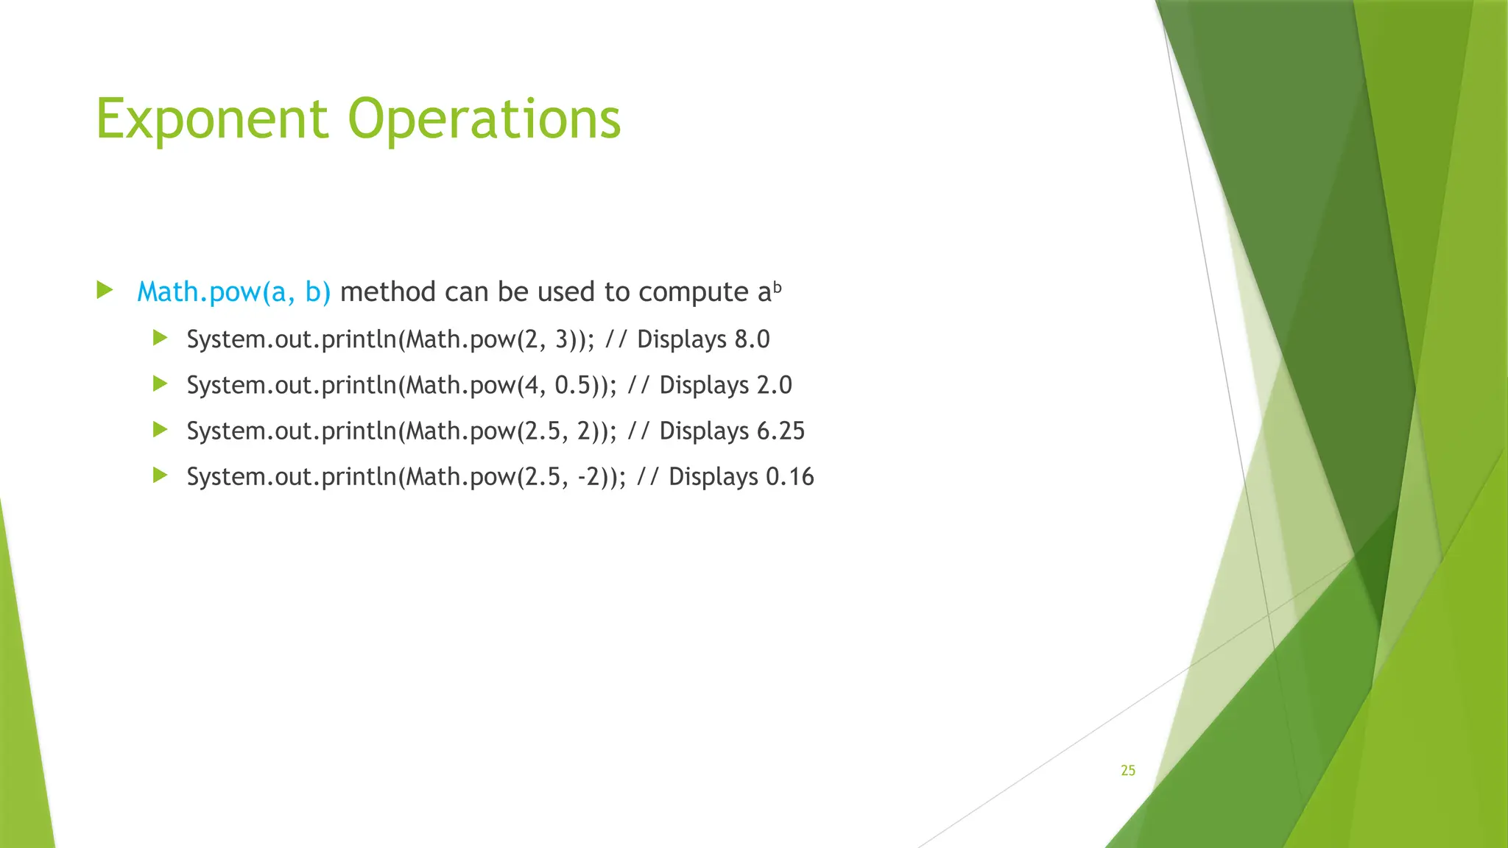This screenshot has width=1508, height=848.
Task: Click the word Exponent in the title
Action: (x=212, y=119)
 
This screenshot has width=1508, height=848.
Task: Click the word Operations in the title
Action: (x=485, y=119)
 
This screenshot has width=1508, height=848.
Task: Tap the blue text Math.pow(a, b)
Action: (x=233, y=292)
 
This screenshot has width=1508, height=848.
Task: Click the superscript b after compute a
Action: (x=777, y=286)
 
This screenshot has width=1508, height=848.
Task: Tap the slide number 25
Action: (x=1127, y=770)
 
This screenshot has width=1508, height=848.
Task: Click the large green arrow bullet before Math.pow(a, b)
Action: (x=105, y=290)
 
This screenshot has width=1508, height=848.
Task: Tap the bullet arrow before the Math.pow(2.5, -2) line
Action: (x=160, y=476)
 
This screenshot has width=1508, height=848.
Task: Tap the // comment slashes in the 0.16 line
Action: (x=647, y=476)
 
